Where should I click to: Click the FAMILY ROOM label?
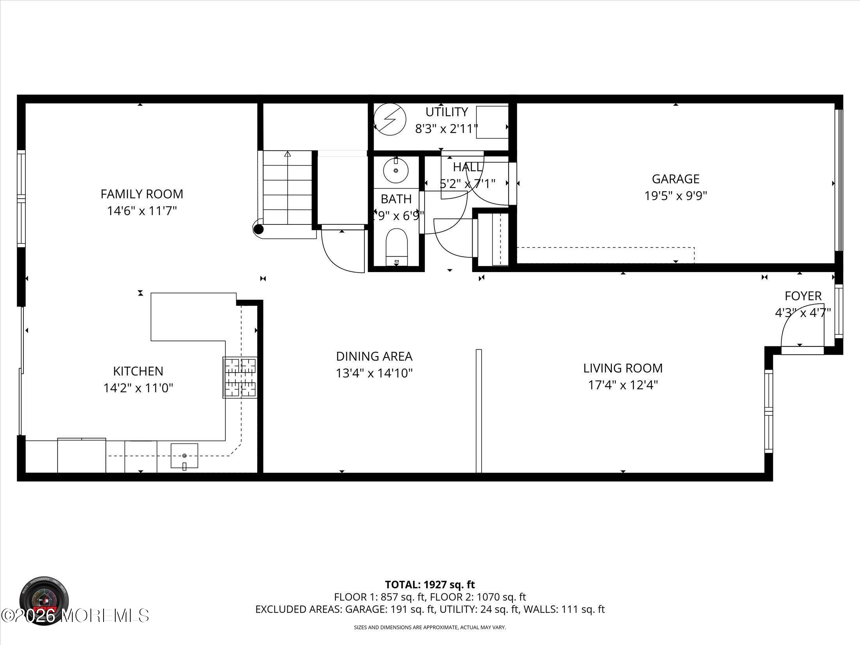[x=142, y=194]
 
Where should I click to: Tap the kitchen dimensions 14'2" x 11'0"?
[x=138, y=388]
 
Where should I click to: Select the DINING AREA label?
[x=374, y=356]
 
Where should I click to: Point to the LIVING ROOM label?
[x=623, y=368]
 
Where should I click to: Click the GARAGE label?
[x=675, y=179]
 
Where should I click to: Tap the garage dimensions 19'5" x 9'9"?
[x=675, y=195]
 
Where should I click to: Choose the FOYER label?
[x=803, y=296]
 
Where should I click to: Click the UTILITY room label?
[x=446, y=112]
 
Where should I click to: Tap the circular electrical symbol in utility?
[x=390, y=119]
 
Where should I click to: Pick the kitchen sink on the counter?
[x=184, y=455]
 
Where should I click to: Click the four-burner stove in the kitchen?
[x=240, y=377]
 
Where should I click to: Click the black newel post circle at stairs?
[x=258, y=229]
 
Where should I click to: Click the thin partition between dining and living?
[x=478, y=410]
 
